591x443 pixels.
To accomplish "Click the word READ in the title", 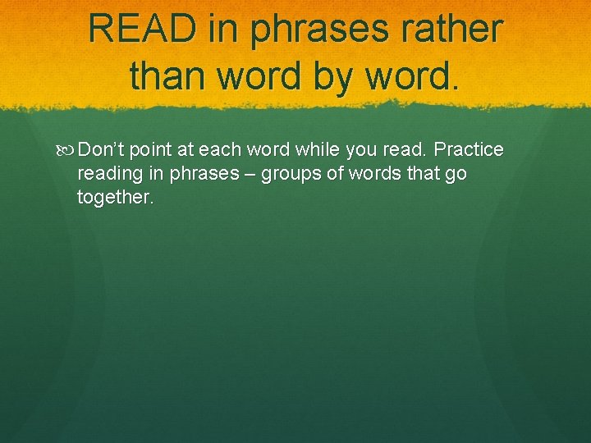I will click(x=143, y=29).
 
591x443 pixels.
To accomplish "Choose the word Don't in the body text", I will click(x=101, y=150).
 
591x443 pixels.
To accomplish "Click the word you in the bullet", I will click(x=363, y=150).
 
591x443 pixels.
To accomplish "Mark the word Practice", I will click(x=468, y=150).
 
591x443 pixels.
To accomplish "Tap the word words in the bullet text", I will click(x=363, y=174).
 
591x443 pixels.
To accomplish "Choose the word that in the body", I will click(x=417, y=174).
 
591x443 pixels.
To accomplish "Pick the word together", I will click(x=114, y=198).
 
